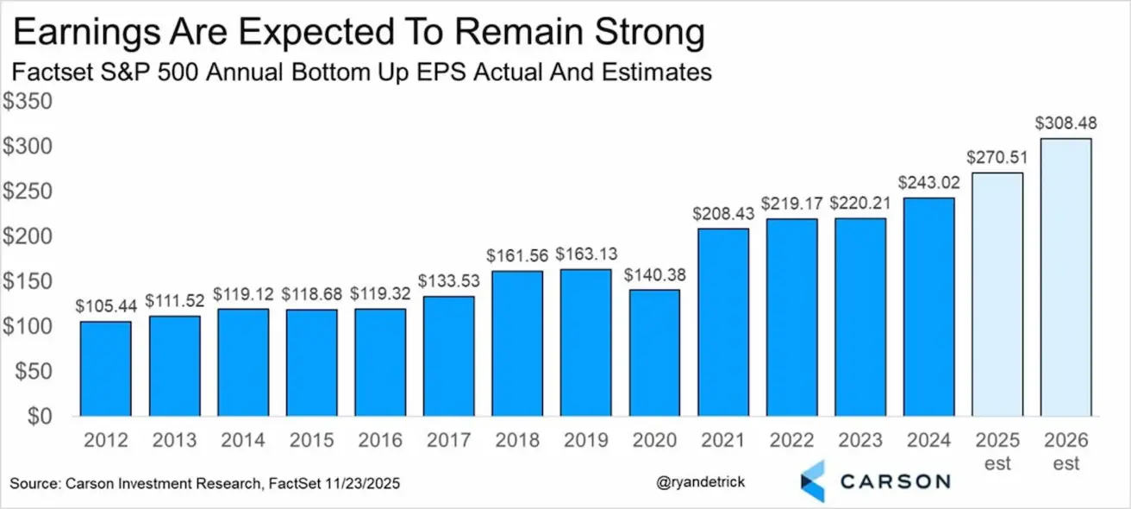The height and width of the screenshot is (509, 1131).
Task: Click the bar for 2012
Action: point(106,368)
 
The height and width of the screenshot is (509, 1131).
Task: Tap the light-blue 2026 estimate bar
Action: point(1066,277)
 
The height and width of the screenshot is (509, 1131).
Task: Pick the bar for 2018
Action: point(517,343)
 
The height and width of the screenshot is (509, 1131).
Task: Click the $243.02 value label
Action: point(928,183)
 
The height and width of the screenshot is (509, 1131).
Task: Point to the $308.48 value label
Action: point(1066,123)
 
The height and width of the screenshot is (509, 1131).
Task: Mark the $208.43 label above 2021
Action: point(722,213)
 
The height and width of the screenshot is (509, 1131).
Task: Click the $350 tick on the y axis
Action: point(28,102)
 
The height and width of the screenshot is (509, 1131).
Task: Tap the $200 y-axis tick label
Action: point(28,236)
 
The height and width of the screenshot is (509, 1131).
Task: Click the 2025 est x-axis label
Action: point(997,450)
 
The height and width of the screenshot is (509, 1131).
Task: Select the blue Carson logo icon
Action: point(812,481)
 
